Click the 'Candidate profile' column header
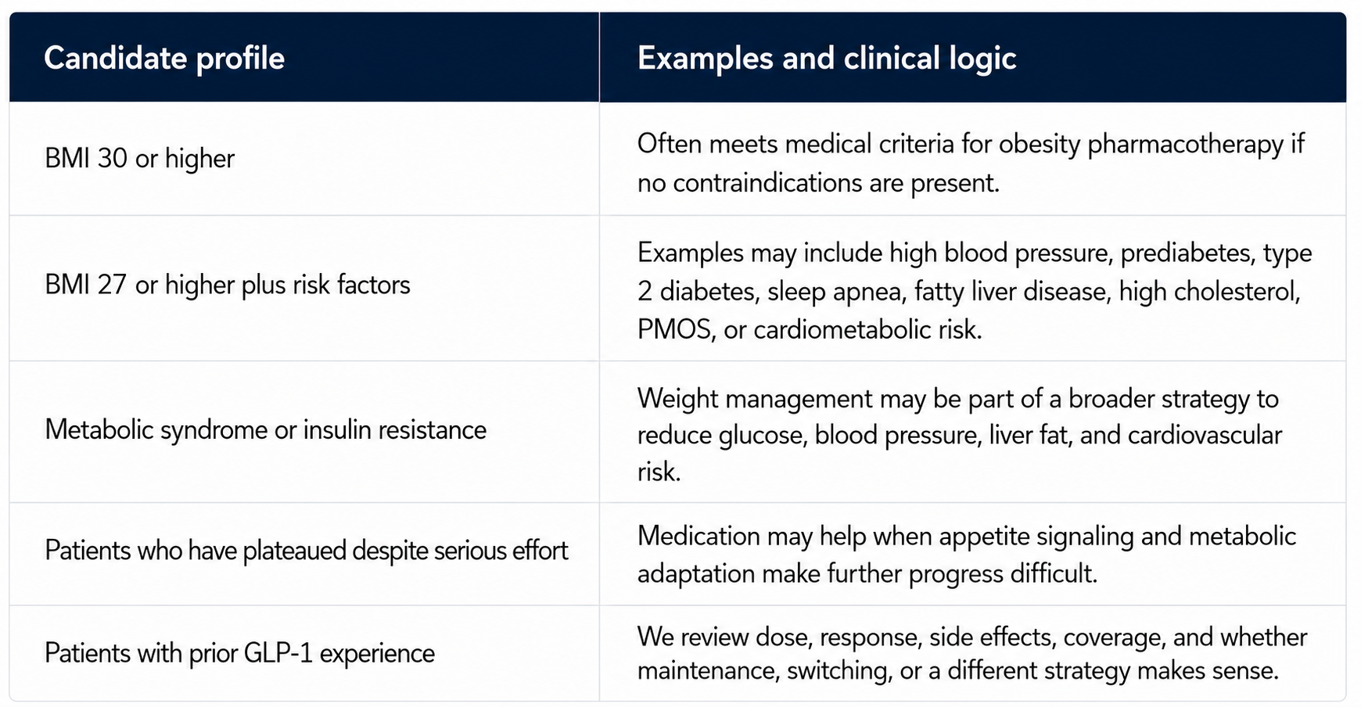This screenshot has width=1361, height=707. [x=164, y=59]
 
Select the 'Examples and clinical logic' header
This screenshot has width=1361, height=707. [x=827, y=59]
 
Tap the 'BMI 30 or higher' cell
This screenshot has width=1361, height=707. [x=139, y=159]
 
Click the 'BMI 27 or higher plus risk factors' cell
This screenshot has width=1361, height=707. [x=227, y=285]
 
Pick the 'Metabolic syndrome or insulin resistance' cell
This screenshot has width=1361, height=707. [x=265, y=430]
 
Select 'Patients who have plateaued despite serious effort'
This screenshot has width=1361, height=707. [x=306, y=551]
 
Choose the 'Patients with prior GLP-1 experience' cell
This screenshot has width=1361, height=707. [x=239, y=653]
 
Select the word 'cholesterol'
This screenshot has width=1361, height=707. [x=1237, y=292]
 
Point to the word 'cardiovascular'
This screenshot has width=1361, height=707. [x=1205, y=436]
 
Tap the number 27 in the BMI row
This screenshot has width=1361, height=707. [x=112, y=285]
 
